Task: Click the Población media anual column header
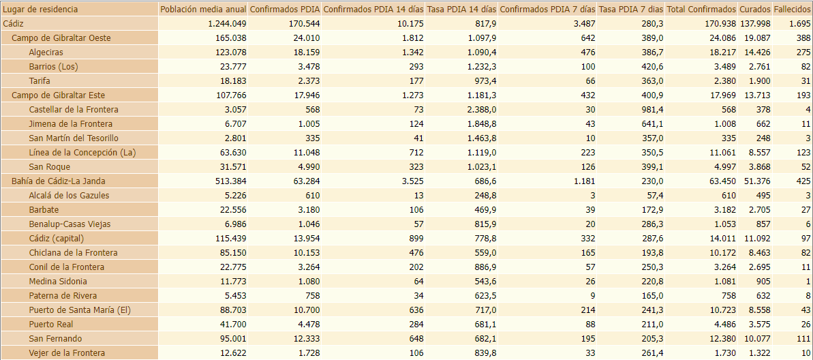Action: [x=202, y=10]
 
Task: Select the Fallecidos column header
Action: [x=793, y=10]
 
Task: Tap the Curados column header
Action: [x=754, y=10]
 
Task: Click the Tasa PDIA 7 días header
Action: [x=630, y=10]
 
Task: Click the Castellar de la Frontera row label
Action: [x=74, y=110]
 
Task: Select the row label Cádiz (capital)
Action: [x=56, y=239]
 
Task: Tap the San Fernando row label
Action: [x=55, y=339]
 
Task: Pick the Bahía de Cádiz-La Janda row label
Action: [x=58, y=181]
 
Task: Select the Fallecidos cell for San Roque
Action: [x=804, y=167]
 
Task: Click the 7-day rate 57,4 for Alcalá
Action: [x=652, y=196]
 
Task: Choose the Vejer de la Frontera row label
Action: [x=67, y=353]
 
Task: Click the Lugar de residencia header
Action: [x=40, y=10]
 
